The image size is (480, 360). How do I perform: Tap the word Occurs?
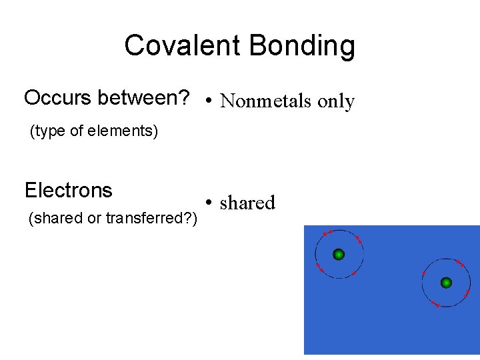(58, 98)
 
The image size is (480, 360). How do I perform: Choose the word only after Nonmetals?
(336, 102)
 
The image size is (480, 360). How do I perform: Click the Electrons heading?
(68, 191)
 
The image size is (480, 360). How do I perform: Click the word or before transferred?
(95, 218)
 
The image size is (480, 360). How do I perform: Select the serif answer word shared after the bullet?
(247, 203)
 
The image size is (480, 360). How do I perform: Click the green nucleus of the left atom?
(339, 254)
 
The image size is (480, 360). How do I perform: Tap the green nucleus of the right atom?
(447, 283)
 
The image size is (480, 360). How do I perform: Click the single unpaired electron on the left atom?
(354, 273)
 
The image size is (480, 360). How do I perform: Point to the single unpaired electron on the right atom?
(424, 273)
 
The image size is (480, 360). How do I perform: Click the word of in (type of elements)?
(79, 132)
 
